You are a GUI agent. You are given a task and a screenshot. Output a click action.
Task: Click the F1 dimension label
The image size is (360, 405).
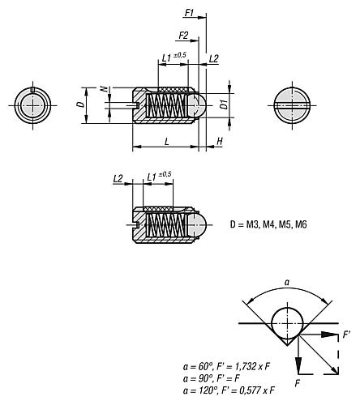tap(189, 13)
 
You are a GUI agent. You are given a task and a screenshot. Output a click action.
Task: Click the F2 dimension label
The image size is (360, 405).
tap(183, 36)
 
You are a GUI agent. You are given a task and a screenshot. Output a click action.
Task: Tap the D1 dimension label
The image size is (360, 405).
tap(224, 104)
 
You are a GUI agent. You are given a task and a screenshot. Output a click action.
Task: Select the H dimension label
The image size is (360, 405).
tap(220, 141)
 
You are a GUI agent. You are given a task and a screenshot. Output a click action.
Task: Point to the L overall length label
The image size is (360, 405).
tap(167, 141)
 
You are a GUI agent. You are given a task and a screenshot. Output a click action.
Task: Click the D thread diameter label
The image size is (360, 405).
tap(80, 104)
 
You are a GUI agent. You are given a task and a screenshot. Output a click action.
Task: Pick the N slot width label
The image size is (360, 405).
tap(105, 89)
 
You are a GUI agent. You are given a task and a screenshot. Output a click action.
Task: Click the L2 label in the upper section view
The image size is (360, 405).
tap(213, 58)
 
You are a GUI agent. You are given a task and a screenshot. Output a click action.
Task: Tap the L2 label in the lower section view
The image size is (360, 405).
tap(118, 178)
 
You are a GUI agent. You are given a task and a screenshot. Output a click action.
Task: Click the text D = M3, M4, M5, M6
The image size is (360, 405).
tap(268, 224)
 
